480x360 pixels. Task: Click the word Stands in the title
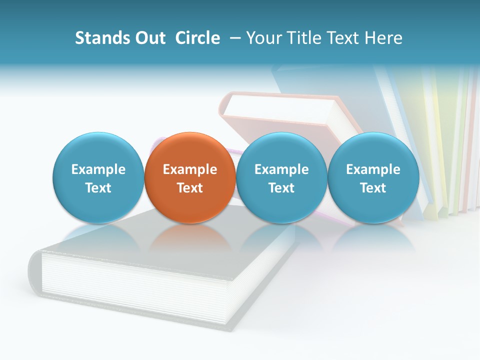pyautogui.click(x=101, y=38)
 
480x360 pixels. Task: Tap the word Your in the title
pyautogui.click(x=264, y=38)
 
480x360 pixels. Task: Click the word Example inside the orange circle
pyautogui.click(x=190, y=169)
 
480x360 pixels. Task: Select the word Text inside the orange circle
pyautogui.click(x=190, y=188)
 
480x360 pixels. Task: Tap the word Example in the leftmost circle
pyautogui.click(x=98, y=169)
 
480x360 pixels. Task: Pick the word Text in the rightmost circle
pyautogui.click(x=373, y=188)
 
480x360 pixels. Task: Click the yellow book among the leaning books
pyautogui.click(x=440, y=150)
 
